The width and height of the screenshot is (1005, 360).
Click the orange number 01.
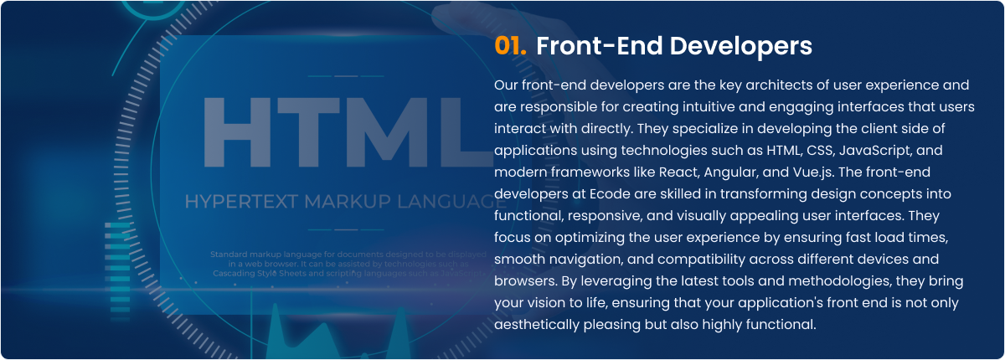click(x=510, y=46)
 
